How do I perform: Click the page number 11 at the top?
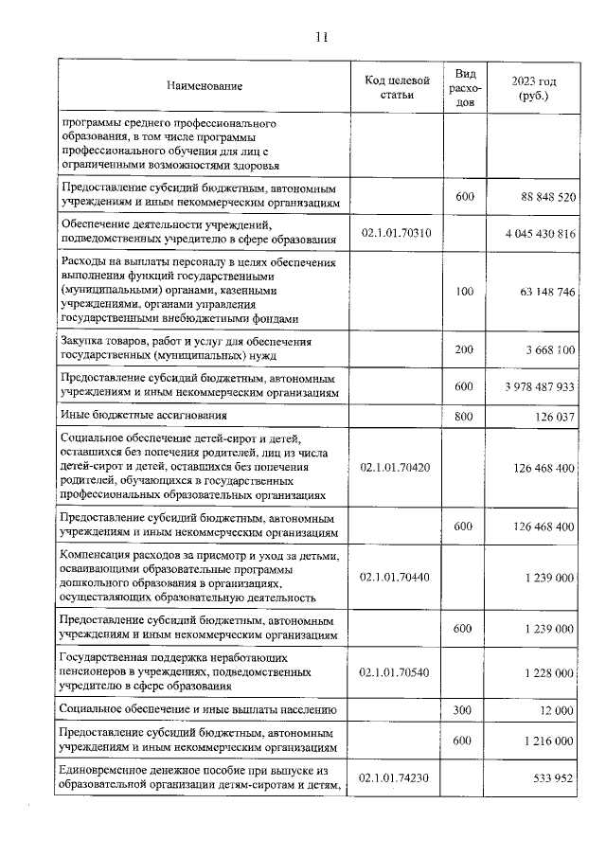tap(320, 38)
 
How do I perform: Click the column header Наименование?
tap(204, 87)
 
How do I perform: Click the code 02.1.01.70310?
tap(397, 232)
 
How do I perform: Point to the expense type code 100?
tap(463, 292)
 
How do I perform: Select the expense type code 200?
tap(463, 349)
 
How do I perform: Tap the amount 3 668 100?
tap(544, 349)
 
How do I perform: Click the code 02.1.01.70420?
tap(397, 467)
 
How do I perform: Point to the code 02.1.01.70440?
tap(397, 576)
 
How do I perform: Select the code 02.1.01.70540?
tap(397, 672)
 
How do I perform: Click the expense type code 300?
tap(463, 709)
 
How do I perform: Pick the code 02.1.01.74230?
tap(397, 778)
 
